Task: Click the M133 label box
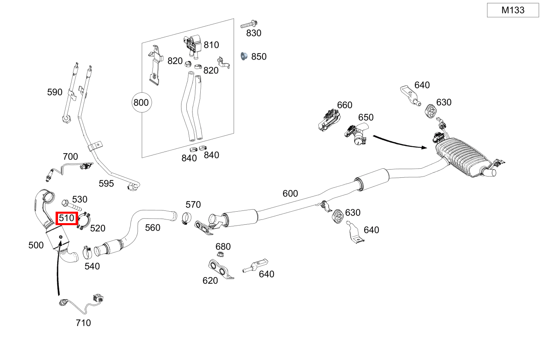point(513,10)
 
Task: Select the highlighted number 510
point(66,218)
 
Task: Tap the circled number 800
point(141,102)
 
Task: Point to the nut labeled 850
point(244,56)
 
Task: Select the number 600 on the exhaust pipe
point(290,193)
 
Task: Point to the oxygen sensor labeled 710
point(82,303)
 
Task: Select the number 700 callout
point(70,157)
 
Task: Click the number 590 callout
point(55,92)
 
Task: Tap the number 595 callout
point(106,183)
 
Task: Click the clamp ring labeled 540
point(87,252)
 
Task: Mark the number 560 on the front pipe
point(153,228)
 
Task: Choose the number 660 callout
point(345,105)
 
